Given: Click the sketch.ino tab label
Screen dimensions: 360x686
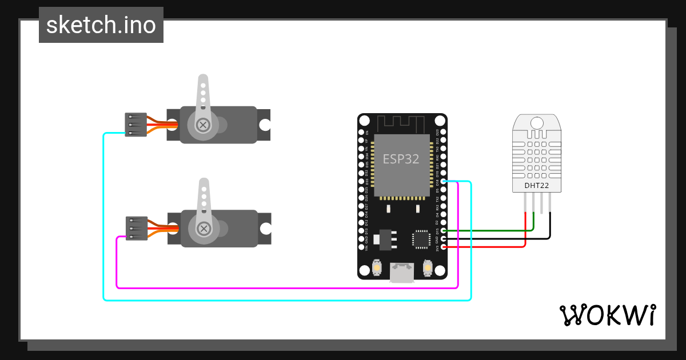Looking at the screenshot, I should pos(101,25).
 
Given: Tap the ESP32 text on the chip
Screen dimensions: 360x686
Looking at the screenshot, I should pos(401,159).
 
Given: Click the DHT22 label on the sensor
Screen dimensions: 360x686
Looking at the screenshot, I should pos(537,185).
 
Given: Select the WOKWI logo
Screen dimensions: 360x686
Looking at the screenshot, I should pos(607,315).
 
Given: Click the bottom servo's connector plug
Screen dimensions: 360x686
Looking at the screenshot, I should pos(137,228).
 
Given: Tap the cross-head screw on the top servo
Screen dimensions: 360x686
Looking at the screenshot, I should pos(202,124).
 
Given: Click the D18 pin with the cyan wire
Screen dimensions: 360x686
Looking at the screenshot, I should pos(444,181).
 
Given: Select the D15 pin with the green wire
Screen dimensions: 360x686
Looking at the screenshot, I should pos(444,230).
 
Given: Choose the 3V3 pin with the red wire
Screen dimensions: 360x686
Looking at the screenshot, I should pos(444,247).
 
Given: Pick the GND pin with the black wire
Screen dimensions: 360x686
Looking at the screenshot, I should pos(444,238).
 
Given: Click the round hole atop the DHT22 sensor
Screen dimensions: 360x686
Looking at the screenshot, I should pos(537,122).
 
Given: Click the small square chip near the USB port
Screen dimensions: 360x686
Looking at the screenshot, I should pos(421,239).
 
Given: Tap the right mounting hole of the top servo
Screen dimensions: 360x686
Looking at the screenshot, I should pos(264,125).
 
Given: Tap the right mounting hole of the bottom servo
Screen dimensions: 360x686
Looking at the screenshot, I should pos(265,229).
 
